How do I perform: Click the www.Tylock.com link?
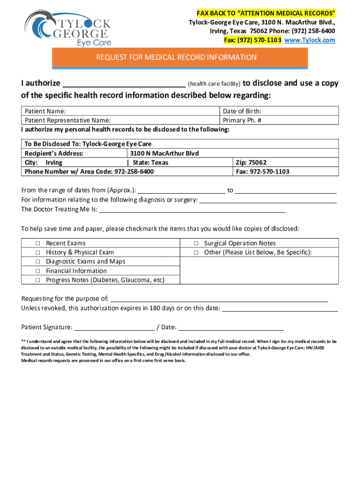pyautogui.click(x=310, y=40)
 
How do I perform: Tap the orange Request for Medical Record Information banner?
pyautogui.click(x=176, y=58)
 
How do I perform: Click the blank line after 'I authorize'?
pyautogui.click(x=124, y=84)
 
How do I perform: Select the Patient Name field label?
pyautogui.click(x=45, y=111)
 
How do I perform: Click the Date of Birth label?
pyautogui.click(x=242, y=111)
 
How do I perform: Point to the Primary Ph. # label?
pyautogui.click(x=241, y=120)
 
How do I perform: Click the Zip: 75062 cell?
pyautogui.click(x=251, y=162)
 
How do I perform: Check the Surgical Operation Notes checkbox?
pyautogui.click(x=196, y=244)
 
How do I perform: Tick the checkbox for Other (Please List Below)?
pyautogui.click(x=196, y=253)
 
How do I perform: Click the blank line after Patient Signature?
pyautogui.click(x=115, y=327)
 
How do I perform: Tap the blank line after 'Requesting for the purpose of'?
pyautogui.click(x=219, y=299)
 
